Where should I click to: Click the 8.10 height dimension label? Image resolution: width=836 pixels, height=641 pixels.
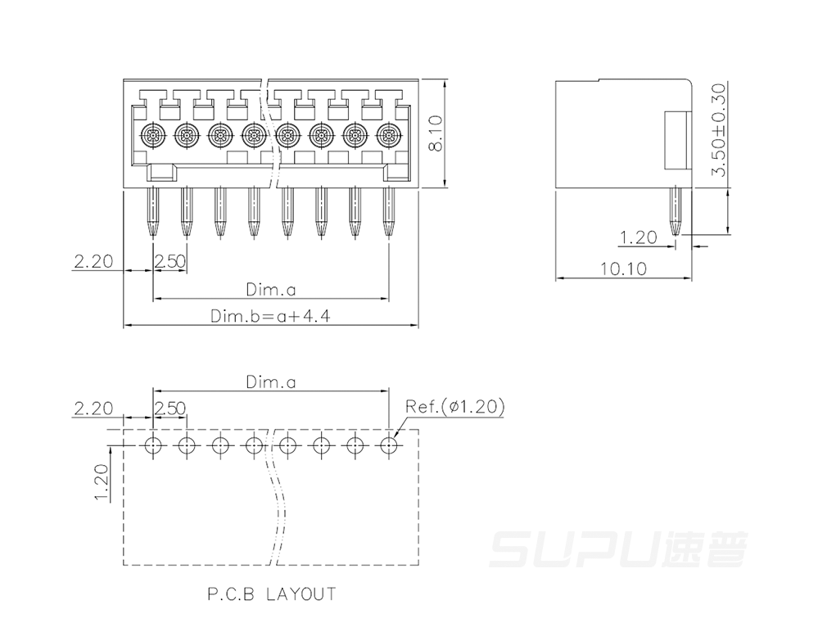tap(436, 134)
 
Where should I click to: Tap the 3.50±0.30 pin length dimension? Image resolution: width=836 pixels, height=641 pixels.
tap(719, 129)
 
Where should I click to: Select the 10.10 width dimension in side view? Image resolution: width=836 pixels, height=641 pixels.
tap(623, 269)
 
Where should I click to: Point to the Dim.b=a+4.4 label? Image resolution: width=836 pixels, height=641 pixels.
tap(270, 316)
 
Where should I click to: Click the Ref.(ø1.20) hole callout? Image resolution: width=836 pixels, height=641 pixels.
tap(454, 406)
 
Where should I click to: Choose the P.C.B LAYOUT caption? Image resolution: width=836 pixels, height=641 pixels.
tap(272, 594)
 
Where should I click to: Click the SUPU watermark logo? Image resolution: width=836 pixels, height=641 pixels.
tap(618, 549)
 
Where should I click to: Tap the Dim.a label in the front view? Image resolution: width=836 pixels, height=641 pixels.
tap(270, 289)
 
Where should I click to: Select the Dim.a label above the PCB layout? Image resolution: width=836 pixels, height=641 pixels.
tap(270, 381)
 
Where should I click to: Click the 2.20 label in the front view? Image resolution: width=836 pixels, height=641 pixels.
tap(94, 261)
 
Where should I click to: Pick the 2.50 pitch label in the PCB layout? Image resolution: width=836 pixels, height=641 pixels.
tap(170, 409)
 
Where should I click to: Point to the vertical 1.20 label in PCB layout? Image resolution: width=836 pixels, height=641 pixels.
tap(101, 482)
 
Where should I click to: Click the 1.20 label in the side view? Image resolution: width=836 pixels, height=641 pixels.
tap(639, 237)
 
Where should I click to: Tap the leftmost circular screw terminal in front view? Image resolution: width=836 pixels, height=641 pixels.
tap(153, 135)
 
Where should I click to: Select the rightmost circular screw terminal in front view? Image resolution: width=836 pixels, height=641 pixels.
tap(388, 135)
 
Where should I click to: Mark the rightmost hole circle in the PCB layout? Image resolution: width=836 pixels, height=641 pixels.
tap(389, 445)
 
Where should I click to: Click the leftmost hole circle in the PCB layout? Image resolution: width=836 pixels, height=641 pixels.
tap(153, 445)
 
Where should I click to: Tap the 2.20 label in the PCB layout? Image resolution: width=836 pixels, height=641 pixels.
tap(94, 409)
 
